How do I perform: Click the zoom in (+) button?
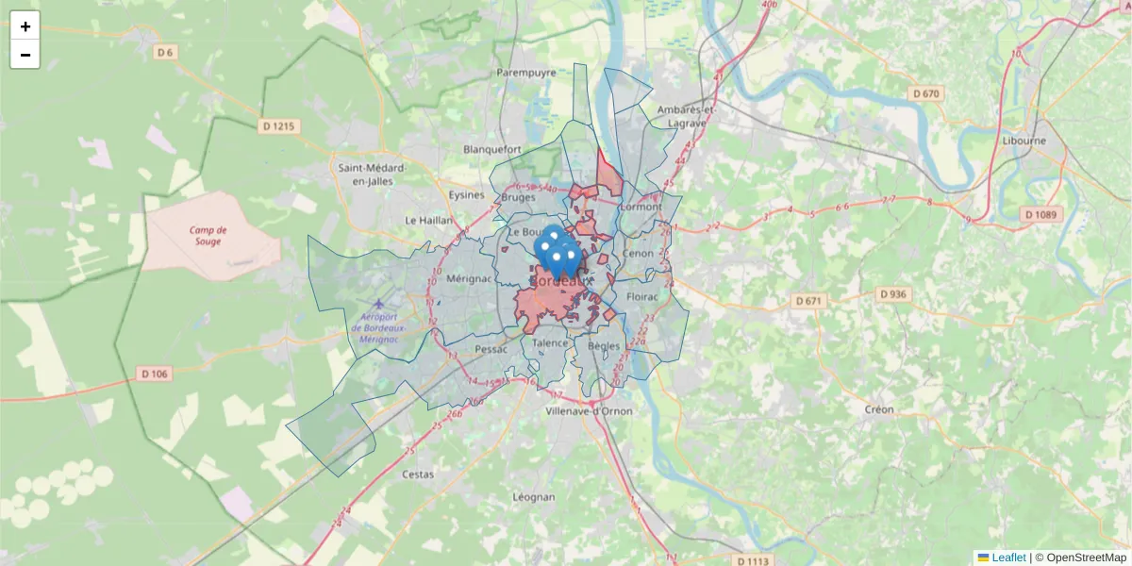coord(25,26)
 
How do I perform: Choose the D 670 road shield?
coord(926,93)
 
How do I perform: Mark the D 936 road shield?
coord(892,294)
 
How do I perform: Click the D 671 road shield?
coord(809,301)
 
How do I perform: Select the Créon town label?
coord(879,409)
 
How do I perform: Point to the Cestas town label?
coord(418,474)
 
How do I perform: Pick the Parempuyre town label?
coord(524,72)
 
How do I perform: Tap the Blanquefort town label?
coord(492,149)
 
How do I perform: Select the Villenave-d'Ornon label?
coord(590,411)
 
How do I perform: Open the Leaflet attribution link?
coord(1008,558)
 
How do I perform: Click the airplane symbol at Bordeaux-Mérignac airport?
coord(379,304)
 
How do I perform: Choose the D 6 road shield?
coord(165,52)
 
